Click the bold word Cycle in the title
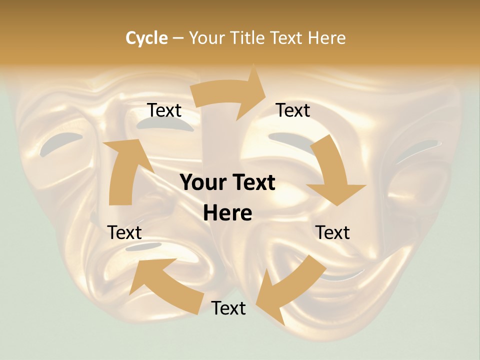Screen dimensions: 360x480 coord(146,38)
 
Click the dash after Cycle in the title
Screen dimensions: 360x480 coord(178,38)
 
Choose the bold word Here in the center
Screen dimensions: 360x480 coord(227,213)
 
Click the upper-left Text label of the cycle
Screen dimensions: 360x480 coord(164,110)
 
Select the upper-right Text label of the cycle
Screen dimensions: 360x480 coord(293,110)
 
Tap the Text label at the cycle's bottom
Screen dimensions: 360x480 coord(228,308)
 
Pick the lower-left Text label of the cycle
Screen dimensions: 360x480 coord(124,233)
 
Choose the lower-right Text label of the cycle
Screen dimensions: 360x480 coord(332,233)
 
